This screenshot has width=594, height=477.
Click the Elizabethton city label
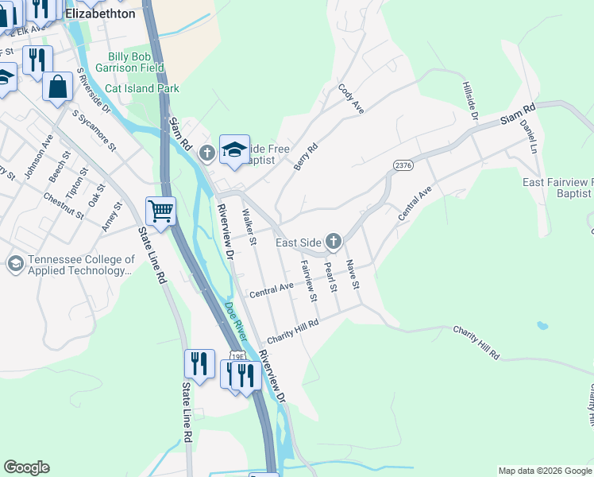[x=100, y=14]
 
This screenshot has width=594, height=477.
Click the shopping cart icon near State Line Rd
[x=160, y=211]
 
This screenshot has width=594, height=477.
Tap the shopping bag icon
[x=59, y=86]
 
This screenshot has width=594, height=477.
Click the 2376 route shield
[x=403, y=164]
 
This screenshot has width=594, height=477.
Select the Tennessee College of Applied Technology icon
[x=14, y=263]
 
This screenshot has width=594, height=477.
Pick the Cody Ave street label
[x=350, y=99]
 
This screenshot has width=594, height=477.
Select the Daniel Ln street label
[x=527, y=136]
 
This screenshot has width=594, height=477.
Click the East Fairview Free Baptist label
[x=557, y=188]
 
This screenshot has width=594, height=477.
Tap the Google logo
[x=26, y=467]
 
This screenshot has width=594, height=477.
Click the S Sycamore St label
[x=94, y=130]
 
